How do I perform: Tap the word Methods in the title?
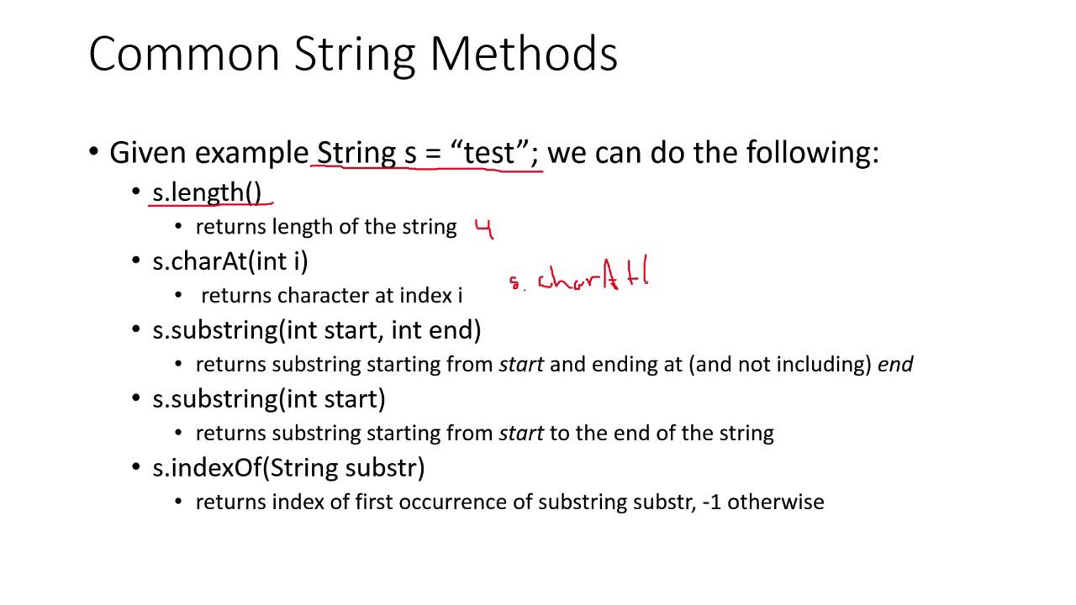524,55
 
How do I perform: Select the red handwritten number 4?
483,229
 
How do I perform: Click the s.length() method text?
207,192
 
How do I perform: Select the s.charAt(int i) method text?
229,261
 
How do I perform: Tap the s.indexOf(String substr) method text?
288,467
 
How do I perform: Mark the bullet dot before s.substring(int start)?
136,399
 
